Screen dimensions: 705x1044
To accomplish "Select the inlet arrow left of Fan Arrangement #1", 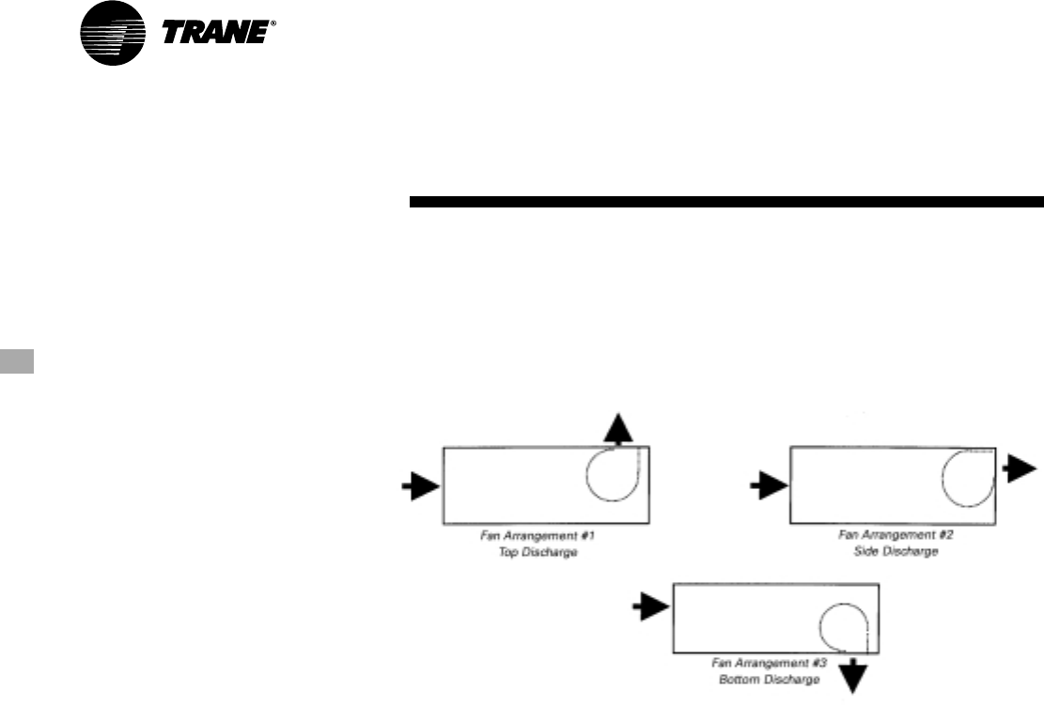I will (x=419, y=486).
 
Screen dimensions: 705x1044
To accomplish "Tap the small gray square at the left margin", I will (x=17, y=362).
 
